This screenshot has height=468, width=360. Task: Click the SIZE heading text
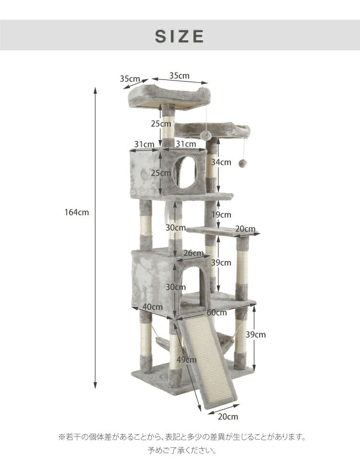click(180, 36)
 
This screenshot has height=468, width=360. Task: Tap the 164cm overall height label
click(77, 212)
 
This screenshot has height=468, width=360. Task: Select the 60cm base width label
click(216, 313)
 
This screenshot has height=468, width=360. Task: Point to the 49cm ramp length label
click(186, 360)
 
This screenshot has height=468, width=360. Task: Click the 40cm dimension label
click(152, 307)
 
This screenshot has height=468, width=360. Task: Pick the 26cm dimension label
click(193, 253)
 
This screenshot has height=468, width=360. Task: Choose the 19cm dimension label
click(221, 215)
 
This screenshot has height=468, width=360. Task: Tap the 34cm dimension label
click(221, 162)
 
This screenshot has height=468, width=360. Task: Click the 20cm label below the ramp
click(228, 416)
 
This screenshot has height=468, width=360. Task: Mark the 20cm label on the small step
click(245, 229)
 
